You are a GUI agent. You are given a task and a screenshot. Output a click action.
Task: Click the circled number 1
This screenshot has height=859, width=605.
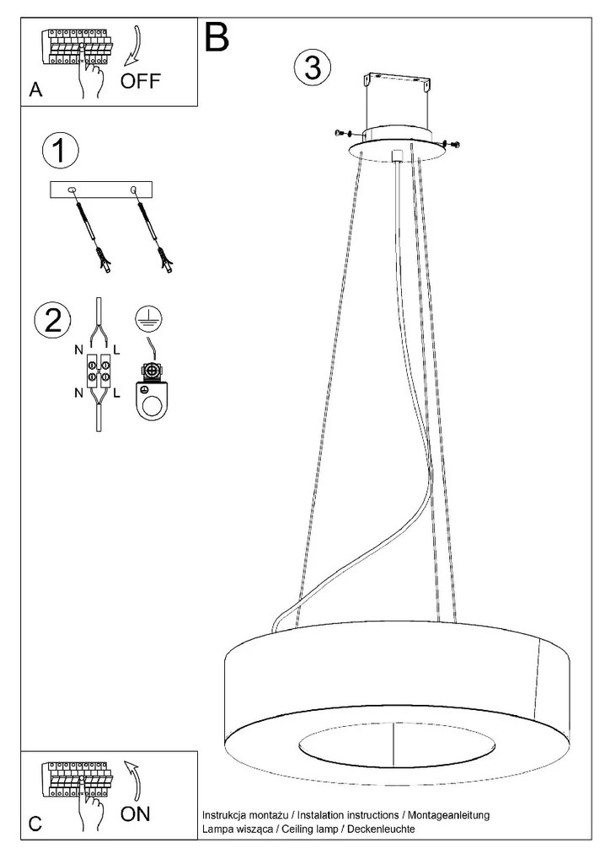pos(60,152)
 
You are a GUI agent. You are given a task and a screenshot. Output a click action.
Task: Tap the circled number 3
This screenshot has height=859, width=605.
pos(312,67)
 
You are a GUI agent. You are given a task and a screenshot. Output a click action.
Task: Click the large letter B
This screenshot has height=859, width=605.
pos(216,37)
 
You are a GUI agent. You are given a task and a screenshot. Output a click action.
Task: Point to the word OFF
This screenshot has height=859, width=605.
pos(138,82)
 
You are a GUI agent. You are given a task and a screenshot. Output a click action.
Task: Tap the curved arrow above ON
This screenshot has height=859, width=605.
pos(134,780)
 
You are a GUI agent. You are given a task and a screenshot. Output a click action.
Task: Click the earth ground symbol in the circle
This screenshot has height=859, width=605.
pos(148,317)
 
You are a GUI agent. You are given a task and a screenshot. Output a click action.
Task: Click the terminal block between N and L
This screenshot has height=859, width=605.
pos(99,371)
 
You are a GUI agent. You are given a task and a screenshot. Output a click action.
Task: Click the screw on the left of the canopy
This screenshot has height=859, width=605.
pos(340,133)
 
